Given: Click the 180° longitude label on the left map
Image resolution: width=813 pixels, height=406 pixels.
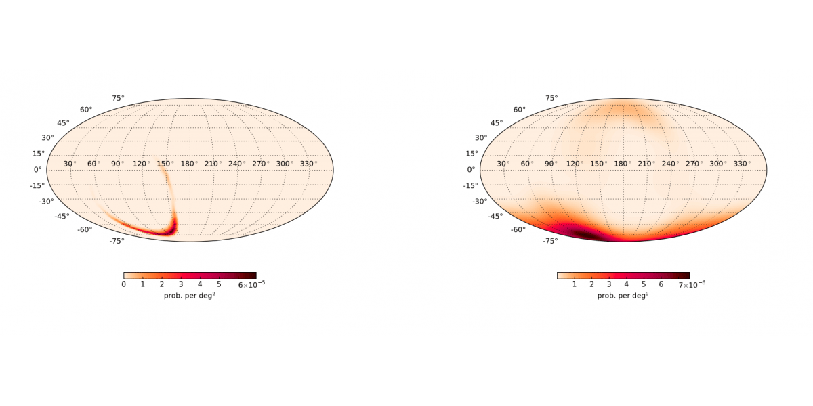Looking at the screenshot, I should [188, 164].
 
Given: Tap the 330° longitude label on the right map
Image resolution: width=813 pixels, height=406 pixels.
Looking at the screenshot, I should [741, 164].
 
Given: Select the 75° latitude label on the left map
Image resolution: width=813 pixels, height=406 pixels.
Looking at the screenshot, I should [118, 98].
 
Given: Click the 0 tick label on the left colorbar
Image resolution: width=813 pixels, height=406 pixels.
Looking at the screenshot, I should [124, 285].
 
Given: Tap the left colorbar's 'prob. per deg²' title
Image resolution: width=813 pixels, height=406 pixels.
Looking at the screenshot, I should [189, 296].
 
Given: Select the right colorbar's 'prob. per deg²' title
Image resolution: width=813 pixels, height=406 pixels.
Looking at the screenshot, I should [623, 296].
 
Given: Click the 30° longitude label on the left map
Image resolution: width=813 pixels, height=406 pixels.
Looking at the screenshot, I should [68, 164].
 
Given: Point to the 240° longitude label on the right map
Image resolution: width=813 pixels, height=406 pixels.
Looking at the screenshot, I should [669, 164].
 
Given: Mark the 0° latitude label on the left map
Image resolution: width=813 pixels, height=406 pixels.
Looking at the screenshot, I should [38, 169].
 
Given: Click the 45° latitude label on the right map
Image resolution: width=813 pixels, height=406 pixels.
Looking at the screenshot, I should [497, 122].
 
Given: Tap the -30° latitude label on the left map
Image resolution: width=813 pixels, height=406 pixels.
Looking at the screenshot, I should [45, 201].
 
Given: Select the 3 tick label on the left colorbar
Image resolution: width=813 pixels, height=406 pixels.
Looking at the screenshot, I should [181, 285].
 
